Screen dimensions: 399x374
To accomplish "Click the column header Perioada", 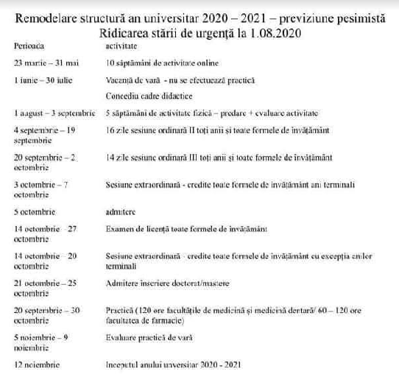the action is point(29,46).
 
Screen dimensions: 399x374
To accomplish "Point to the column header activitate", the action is point(122,46).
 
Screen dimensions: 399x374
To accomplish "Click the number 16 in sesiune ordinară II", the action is point(110,130).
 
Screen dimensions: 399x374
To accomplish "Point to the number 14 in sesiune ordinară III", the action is point(110,158).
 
